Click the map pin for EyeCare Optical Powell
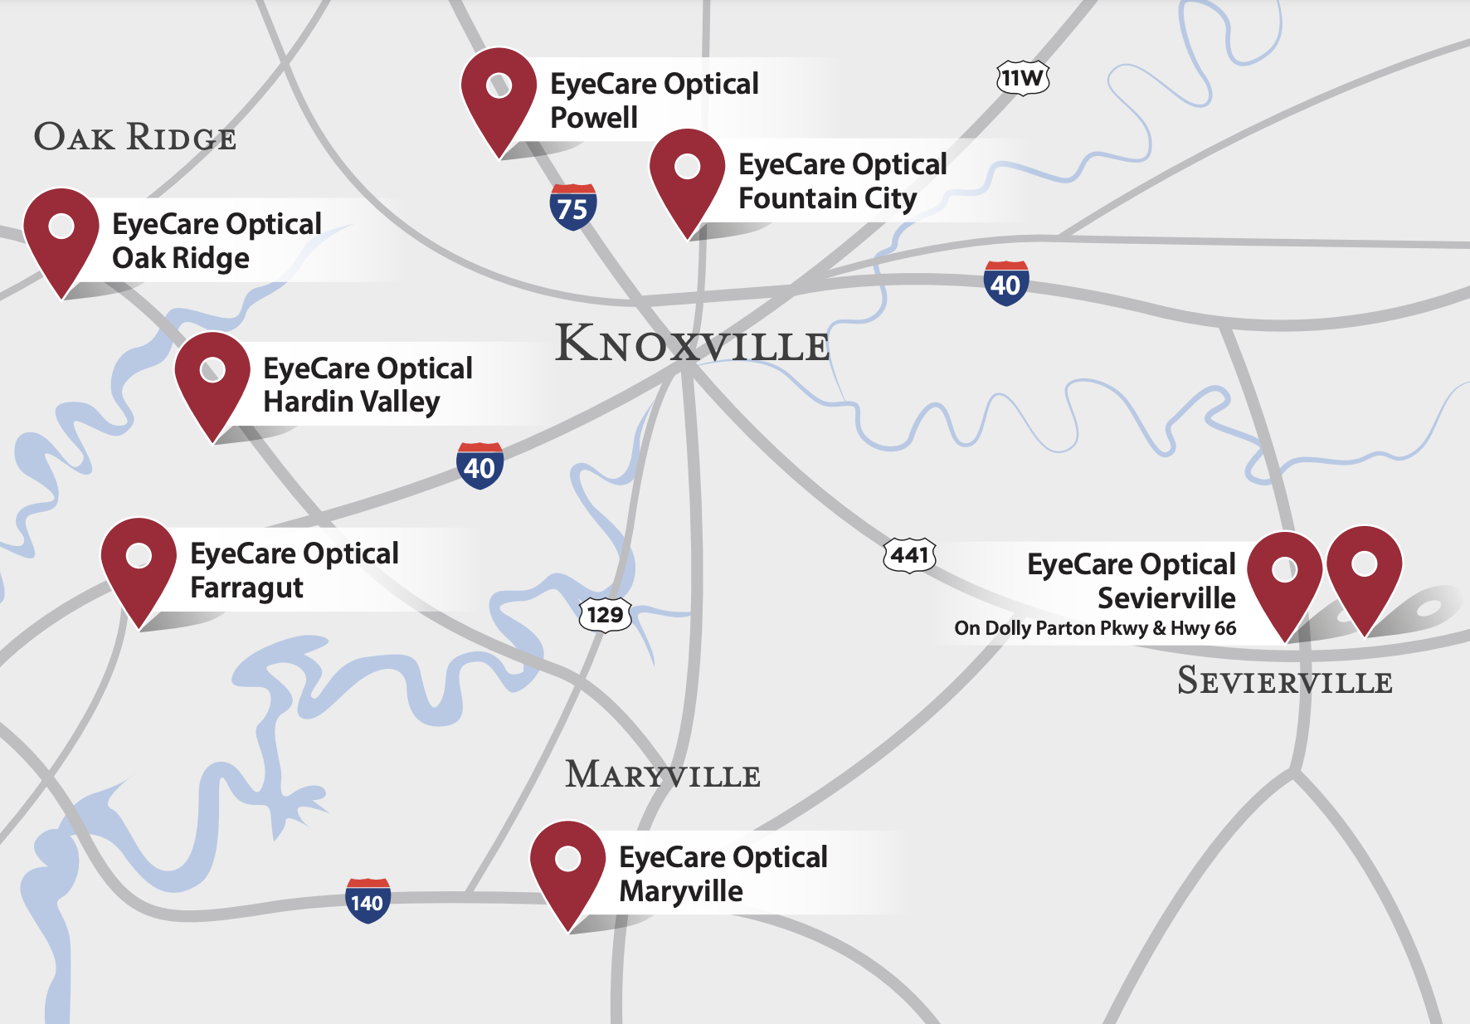tap(499, 91)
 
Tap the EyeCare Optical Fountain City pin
tap(687, 173)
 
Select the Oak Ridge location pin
tap(61, 232)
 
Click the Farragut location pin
tap(139, 562)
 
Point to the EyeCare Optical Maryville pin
tap(567, 865)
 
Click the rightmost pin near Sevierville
tap(1364, 570)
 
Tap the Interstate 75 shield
tap(572, 207)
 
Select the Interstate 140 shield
tap(367, 900)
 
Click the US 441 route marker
tap(909, 554)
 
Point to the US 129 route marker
tap(605, 615)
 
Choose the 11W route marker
tap(1022, 78)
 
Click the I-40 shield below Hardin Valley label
tap(479, 466)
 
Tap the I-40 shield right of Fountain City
tap(1005, 284)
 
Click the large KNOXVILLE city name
tap(692, 344)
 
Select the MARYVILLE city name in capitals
tap(663, 774)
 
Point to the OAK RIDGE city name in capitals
tap(134, 137)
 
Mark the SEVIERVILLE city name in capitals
tap(1284, 681)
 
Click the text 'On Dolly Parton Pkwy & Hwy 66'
tap(1094, 628)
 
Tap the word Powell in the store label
tap(594, 118)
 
